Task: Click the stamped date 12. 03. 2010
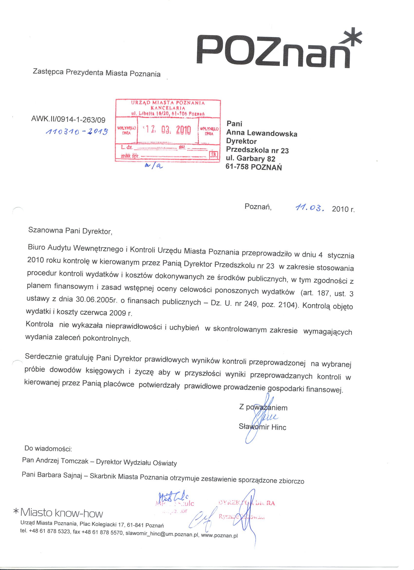click(x=168, y=130)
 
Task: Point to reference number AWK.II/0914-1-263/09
click(x=68, y=119)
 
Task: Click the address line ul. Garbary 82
click(x=250, y=159)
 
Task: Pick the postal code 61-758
click(x=237, y=167)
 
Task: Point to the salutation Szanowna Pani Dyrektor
click(x=70, y=230)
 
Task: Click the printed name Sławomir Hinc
click(x=263, y=426)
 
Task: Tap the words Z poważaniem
click(x=263, y=407)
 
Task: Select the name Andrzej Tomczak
click(x=62, y=460)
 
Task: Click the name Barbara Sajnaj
click(x=59, y=475)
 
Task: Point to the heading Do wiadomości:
click(x=48, y=448)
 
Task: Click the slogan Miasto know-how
click(x=61, y=513)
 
